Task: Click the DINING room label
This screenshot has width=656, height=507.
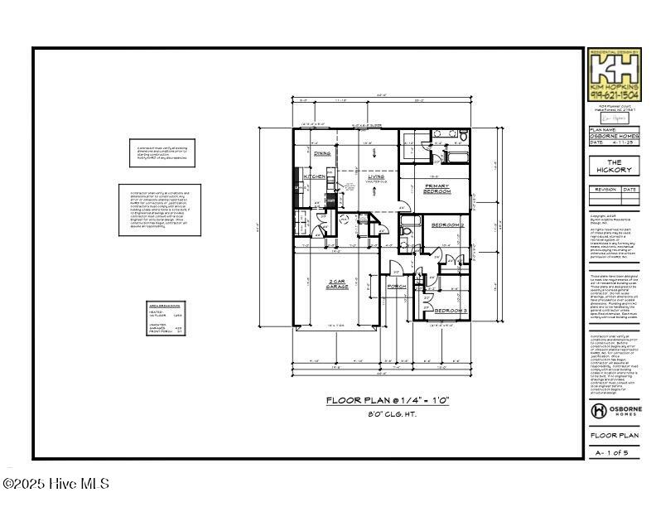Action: point(322,153)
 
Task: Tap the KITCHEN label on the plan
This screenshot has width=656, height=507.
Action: point(315,176)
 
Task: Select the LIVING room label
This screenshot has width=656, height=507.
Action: point(377,176)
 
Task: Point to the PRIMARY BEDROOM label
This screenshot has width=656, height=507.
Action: point(437,188)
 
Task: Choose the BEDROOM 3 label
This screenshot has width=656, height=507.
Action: point(451,311)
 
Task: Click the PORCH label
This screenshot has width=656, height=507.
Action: point(397,289)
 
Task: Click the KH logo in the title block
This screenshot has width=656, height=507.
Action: point(612,65)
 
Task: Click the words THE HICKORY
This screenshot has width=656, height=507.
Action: point(614,166)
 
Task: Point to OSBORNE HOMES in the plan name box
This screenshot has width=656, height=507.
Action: point(613,136)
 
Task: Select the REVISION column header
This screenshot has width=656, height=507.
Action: point(605,189)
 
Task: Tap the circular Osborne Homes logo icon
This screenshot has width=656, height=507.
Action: point(599,411)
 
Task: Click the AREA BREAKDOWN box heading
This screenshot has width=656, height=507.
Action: point(164,306)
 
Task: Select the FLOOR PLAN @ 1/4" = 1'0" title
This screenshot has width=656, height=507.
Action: point(387,400)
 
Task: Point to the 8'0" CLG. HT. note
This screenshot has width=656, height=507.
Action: point(387,413)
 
